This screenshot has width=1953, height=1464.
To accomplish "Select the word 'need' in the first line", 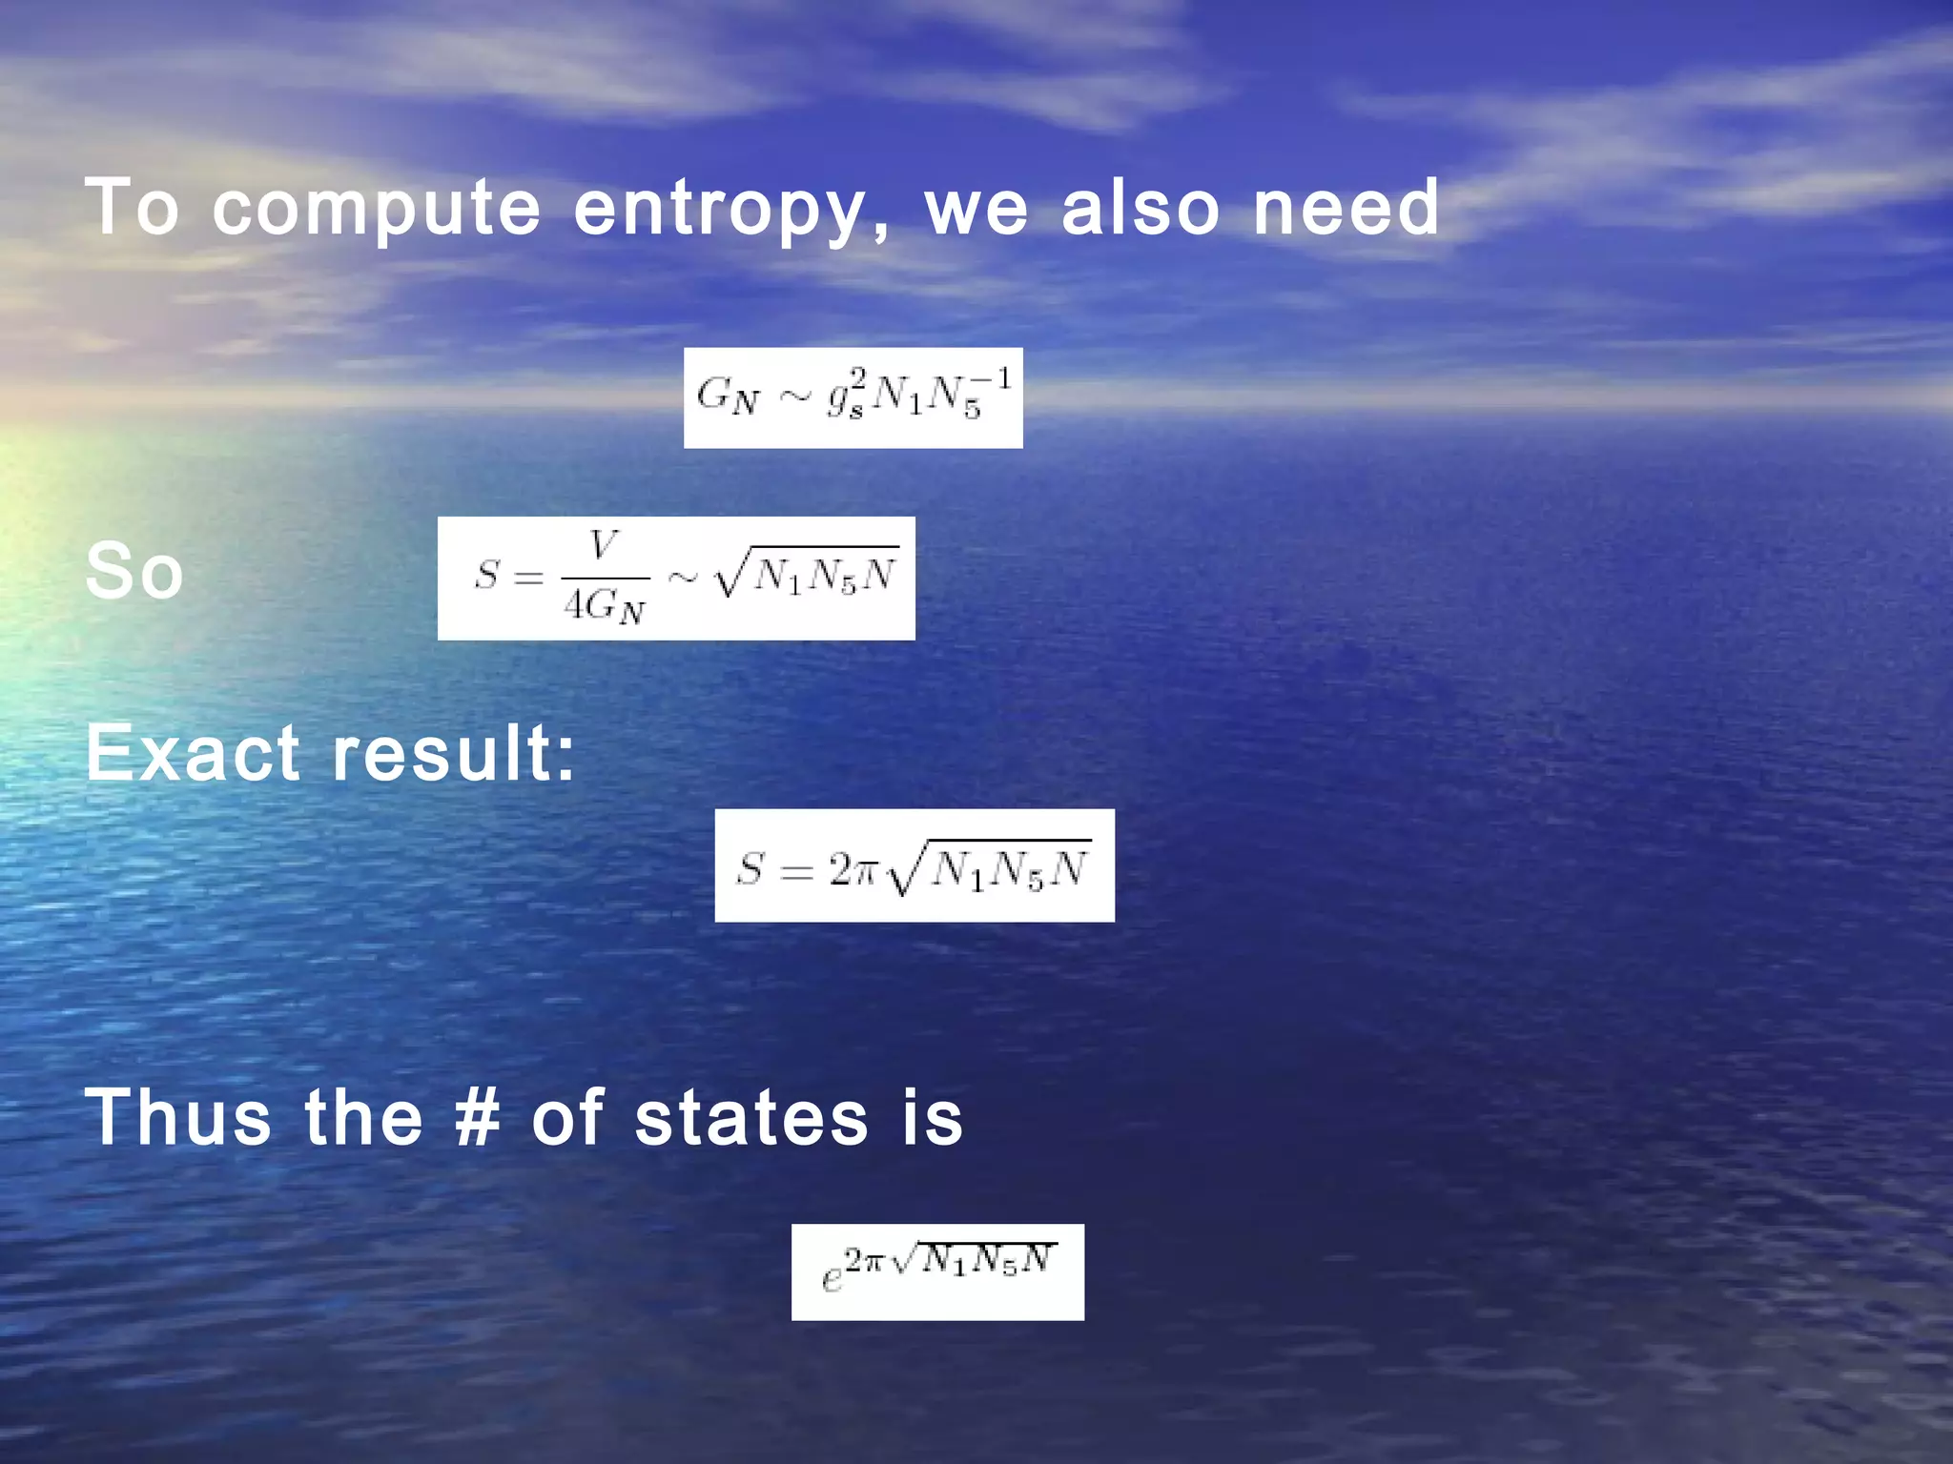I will click(1345, 207).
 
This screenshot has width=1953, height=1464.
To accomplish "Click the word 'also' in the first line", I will click(1140, 207).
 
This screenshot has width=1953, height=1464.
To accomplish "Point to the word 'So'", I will click(134, 571).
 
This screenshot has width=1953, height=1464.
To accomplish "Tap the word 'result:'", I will click(454, 753).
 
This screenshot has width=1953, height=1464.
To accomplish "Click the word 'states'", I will click(751, 1117).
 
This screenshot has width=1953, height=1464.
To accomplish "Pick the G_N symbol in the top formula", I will click(728, 396).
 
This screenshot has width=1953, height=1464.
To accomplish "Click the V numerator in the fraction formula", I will click(604, 545).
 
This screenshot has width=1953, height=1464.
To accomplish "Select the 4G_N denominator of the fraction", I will click(605, 606).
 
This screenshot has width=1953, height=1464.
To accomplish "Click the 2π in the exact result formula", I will click(852, 869).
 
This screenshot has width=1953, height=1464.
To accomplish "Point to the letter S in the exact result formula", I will click(750, 869).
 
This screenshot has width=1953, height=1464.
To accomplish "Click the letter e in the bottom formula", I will click(832, 1280).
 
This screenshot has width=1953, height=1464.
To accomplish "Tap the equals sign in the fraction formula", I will click(527, 577).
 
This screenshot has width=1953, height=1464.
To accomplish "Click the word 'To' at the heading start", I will click(132, 207).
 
